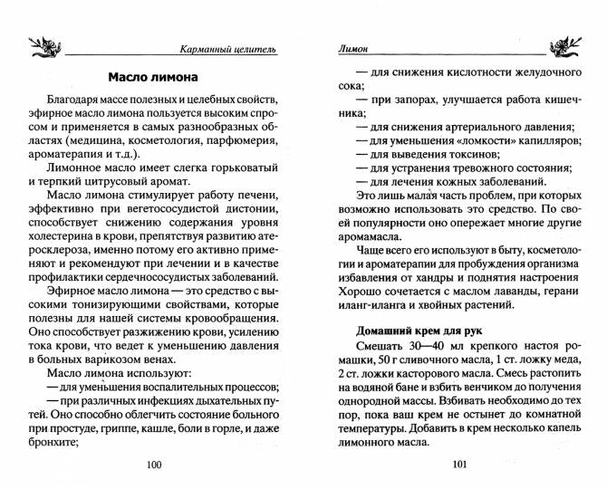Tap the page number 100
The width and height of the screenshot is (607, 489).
coord(153,465)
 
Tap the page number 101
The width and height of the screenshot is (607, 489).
coord(458,465)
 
